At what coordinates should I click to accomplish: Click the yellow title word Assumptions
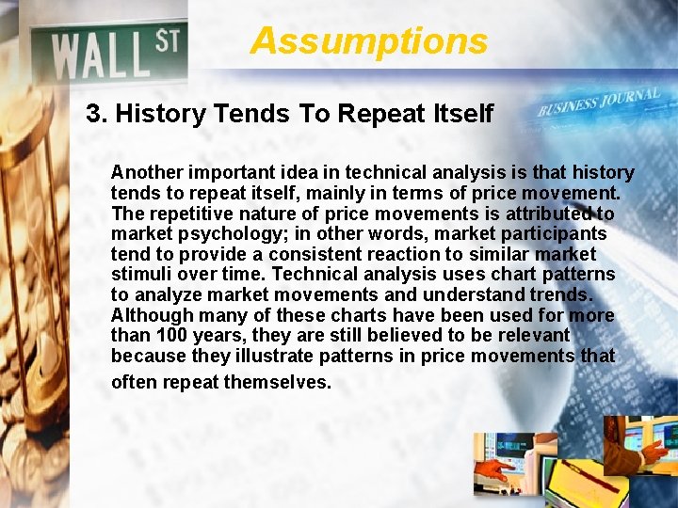[369, 41]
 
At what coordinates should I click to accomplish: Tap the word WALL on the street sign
[99, 56]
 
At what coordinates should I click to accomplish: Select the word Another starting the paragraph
[147, 173]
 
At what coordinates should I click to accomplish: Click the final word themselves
[279, 382]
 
